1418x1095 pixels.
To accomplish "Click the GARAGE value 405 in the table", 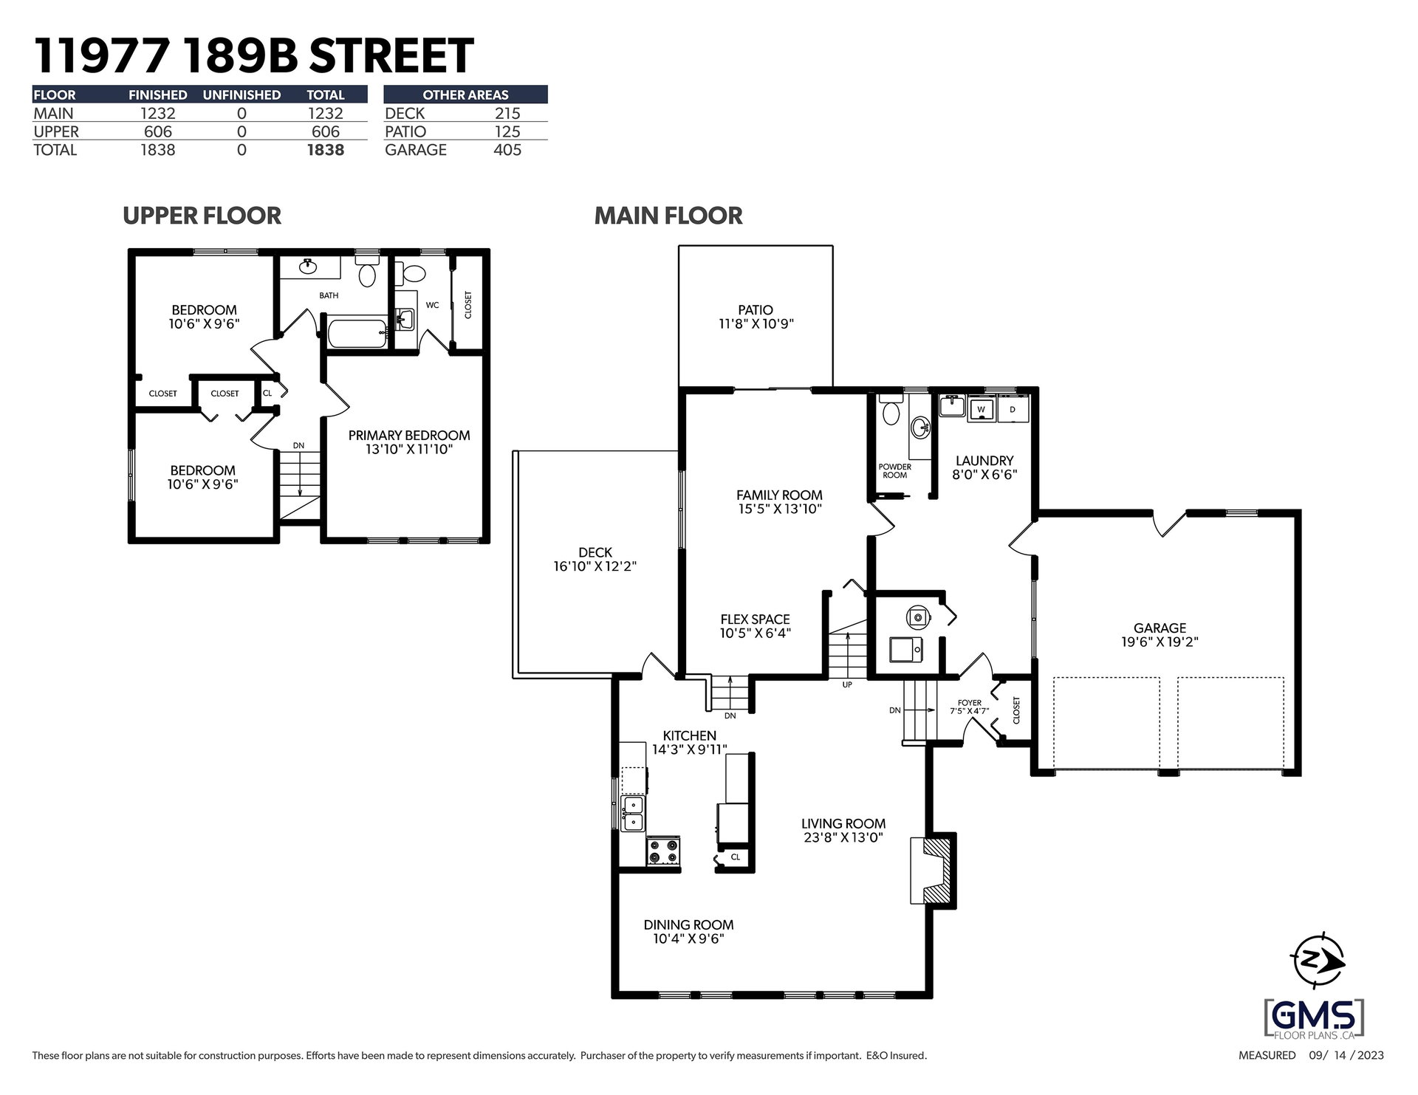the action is point(507,150).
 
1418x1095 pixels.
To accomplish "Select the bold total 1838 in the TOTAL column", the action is point(326,150).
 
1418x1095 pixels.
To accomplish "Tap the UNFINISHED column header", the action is point(242,95).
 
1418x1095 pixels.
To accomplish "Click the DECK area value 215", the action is point(507,114).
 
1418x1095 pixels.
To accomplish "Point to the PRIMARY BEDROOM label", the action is point(409,436).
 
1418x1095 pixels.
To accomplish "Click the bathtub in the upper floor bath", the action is point(357,334).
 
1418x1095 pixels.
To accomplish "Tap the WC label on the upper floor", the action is point(432,305).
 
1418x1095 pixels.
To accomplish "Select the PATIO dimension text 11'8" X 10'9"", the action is point(756,323).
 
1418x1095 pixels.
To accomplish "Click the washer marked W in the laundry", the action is point(981,408).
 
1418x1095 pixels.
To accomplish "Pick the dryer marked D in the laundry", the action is point(1013,408).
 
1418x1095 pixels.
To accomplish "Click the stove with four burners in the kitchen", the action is point(663,851).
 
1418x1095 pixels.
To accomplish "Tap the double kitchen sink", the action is point(633,813).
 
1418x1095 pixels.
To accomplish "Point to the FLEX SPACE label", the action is point(756,619).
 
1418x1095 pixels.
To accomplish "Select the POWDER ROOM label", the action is point(895,471).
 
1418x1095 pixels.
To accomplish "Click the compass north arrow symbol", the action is point(1319,960).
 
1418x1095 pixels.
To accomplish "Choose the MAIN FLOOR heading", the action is point(668,216).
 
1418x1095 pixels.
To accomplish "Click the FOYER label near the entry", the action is point(970,703).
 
